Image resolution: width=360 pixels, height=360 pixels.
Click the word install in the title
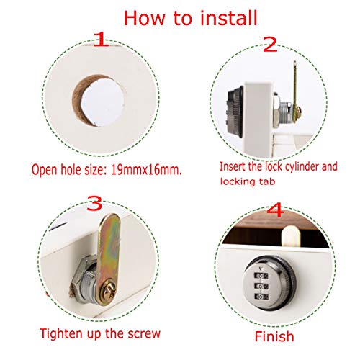(228, 18)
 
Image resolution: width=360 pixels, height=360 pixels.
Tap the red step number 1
(101, 39)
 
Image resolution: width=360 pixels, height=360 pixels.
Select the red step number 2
(270, 44)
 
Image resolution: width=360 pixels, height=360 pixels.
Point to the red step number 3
(94, 203)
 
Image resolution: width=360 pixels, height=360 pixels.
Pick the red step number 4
(275, 210)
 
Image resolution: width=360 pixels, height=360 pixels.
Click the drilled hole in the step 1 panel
(99, 101)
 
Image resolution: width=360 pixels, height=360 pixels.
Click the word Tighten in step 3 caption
(58, 334)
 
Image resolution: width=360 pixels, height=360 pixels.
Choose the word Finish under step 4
(274, 336)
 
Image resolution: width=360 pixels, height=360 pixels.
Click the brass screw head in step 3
(109, 289)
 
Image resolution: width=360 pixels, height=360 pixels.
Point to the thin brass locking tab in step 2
(295, 86)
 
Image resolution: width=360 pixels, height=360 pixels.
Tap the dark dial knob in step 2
(235, 112)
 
